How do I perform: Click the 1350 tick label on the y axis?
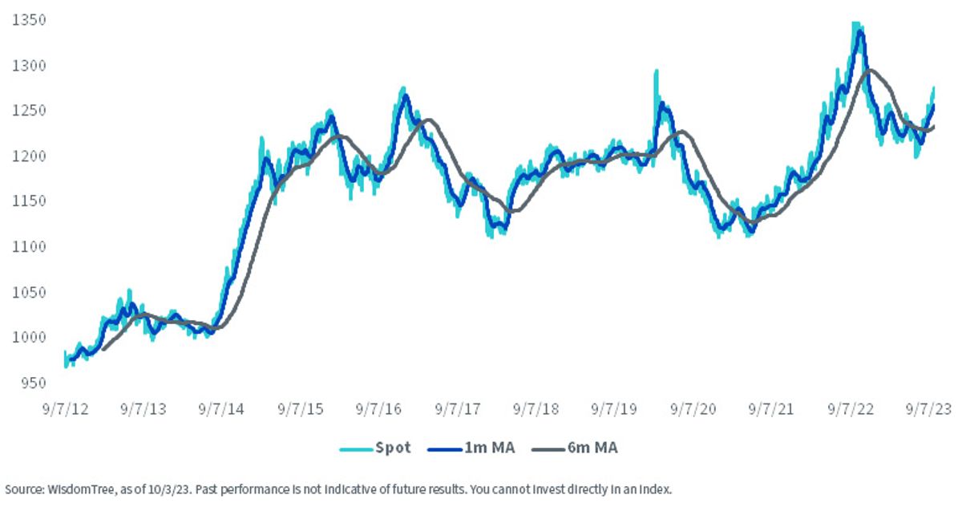(29, 20)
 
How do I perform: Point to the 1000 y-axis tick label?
(29, 337)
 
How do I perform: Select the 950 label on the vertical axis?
(33, 383)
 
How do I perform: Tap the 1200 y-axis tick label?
(29, 156)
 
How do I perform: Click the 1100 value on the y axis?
(29, 246)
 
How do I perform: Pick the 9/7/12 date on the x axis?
(65, 409)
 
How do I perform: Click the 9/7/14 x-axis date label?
(221, 409)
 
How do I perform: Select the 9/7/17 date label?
(458, 409)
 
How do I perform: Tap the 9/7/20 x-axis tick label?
(693, 409)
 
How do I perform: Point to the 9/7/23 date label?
(928, 409)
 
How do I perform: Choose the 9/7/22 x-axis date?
(851, 409)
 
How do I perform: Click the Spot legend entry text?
(393, 448)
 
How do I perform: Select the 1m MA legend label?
(490, 448)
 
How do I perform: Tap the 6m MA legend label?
(592, 448)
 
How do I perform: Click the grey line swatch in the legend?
(548, 450)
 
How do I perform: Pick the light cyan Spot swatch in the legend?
(356, 450)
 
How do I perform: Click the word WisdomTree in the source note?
(80, 489)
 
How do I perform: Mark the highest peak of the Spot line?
(855, 22)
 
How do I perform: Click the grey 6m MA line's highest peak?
(870, 70)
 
